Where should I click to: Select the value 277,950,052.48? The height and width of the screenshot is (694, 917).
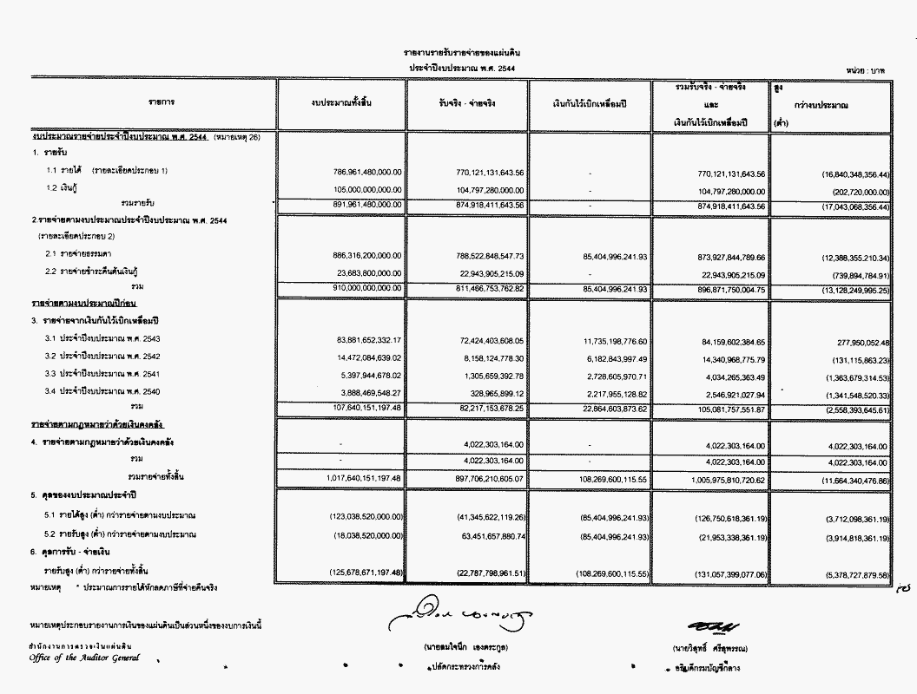[855, 340]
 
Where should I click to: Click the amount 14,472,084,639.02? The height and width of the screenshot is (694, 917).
[373, 357]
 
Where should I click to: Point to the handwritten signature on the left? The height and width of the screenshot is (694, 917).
[461, 613]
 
